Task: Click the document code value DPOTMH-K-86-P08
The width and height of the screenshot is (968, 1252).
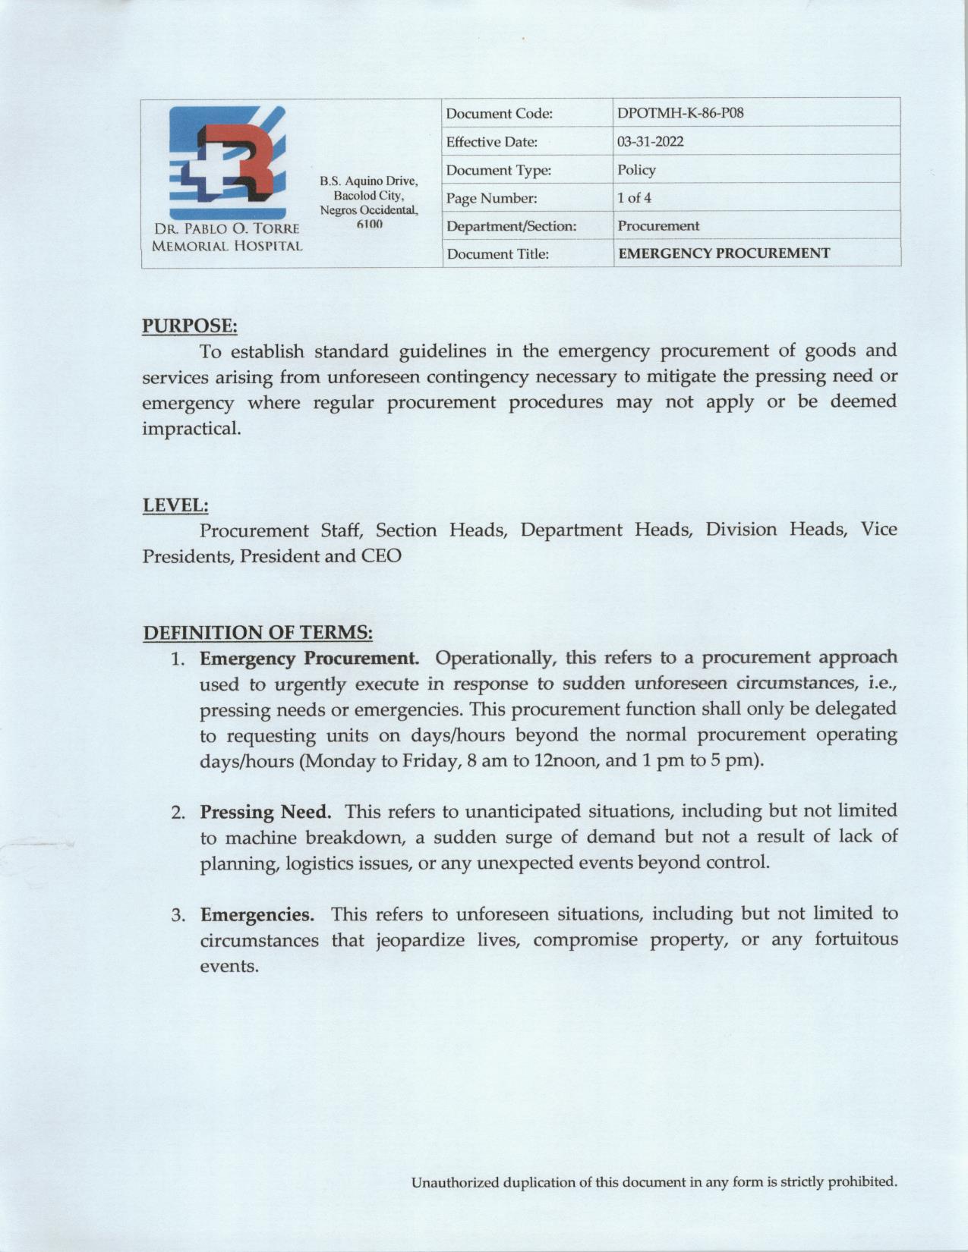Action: point(680,114)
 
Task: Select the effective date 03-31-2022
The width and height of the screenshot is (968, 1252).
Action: point(650,142)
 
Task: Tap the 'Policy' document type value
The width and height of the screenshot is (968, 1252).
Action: point(636,170)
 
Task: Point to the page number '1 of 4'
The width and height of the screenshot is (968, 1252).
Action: point(634,198)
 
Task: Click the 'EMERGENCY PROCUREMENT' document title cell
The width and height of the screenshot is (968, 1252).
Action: point(724,253)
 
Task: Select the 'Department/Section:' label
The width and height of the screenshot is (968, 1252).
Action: point(511,226)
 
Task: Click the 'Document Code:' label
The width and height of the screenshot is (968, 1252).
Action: point(499,114)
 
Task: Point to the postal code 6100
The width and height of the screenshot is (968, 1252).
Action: point(369,225)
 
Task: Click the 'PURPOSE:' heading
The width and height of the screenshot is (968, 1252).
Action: point(190,326)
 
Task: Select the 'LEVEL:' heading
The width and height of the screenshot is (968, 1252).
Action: point(175,505)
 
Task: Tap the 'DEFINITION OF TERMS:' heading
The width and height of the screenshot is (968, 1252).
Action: point(257,632)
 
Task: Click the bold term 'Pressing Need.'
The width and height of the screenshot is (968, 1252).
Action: point(266,812)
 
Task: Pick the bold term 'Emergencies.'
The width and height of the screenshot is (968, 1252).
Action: point(257,914)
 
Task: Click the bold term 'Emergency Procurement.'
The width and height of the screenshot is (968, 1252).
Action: point(309,658)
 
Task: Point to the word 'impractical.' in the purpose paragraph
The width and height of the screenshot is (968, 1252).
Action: point(191,429)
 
